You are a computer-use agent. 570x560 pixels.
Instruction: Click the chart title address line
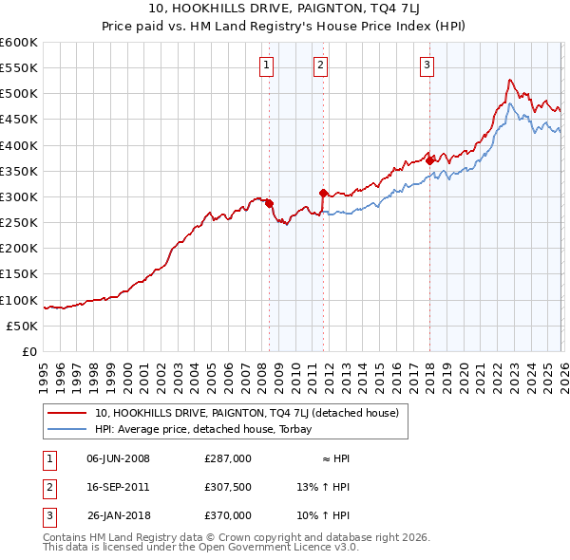pyautogui.click(x=285, y=9)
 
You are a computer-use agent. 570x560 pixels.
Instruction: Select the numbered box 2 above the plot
pyautogui.click(x=321, y=65)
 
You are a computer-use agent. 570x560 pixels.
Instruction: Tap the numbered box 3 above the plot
pyautogui.click(x=427, y=65)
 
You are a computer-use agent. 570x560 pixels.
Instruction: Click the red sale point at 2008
pyautogui.click(x=269, y=203)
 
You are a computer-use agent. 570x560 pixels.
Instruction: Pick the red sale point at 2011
pyautogui.click(x=324, y=193)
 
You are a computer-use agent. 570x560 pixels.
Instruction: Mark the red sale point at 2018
pyautogui.click(x=429, y=160)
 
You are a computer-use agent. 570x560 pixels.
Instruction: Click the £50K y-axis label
pyautogui.click(x=23, y=326)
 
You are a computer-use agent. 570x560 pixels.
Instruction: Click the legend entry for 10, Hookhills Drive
pyautogui.click(x=252, y=413)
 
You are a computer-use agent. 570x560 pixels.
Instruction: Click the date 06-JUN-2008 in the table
pyautogui.click(x=118, y=458)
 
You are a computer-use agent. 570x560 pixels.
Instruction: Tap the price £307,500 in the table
pyautogui.click(x=228, y=487)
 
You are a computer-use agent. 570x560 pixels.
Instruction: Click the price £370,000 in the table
pyautogui.click(x=228, y=515)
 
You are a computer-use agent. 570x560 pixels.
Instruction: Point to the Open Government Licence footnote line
pyautogui.click(x=201, y=548)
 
